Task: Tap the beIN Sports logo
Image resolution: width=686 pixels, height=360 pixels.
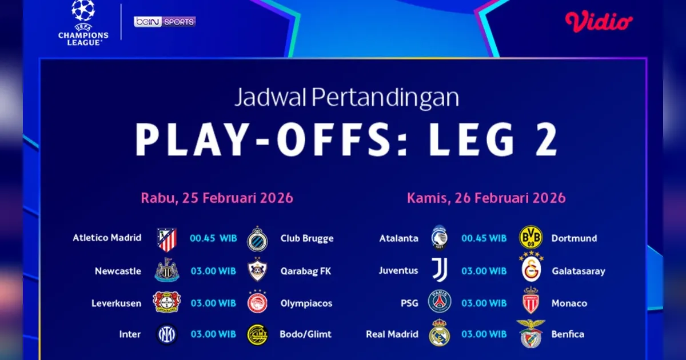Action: [x=165, y=22]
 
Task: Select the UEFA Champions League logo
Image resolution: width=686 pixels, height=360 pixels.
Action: [x=83, y=23]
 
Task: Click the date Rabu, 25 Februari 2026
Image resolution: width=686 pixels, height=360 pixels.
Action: [x=217, y=198]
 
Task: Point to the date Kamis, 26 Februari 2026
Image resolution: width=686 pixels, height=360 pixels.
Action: [x=486, y=198]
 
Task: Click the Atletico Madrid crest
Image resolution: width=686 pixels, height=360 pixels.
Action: [x=167, y=239]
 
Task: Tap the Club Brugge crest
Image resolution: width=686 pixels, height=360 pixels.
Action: [x=257, y=239]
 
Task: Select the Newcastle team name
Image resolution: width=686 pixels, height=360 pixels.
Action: [x=118, y=271]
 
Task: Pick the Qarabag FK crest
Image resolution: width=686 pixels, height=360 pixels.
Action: [x=257, y=270]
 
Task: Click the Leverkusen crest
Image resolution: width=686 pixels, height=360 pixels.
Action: [x=166, y=302]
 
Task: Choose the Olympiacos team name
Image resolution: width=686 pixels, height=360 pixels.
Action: [x=306, y=303]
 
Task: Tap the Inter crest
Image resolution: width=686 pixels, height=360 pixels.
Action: [x=166, y=334]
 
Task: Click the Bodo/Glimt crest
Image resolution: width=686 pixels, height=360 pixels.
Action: [x=257, y=335]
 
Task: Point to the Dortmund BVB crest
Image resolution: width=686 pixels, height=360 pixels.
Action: [x=531, y=237]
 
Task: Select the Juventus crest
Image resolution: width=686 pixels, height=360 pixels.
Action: [x=440, y=270]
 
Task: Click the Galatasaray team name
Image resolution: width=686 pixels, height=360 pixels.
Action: [x=579, y=271]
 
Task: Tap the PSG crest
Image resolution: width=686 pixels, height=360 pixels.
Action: [x=440, y=301]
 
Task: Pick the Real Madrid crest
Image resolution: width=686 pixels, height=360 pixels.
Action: [x=440, y=333]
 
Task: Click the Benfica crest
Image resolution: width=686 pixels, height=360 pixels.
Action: [x=531, y=334]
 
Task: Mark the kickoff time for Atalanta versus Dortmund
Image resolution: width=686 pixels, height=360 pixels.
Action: [x=484, y=238]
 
